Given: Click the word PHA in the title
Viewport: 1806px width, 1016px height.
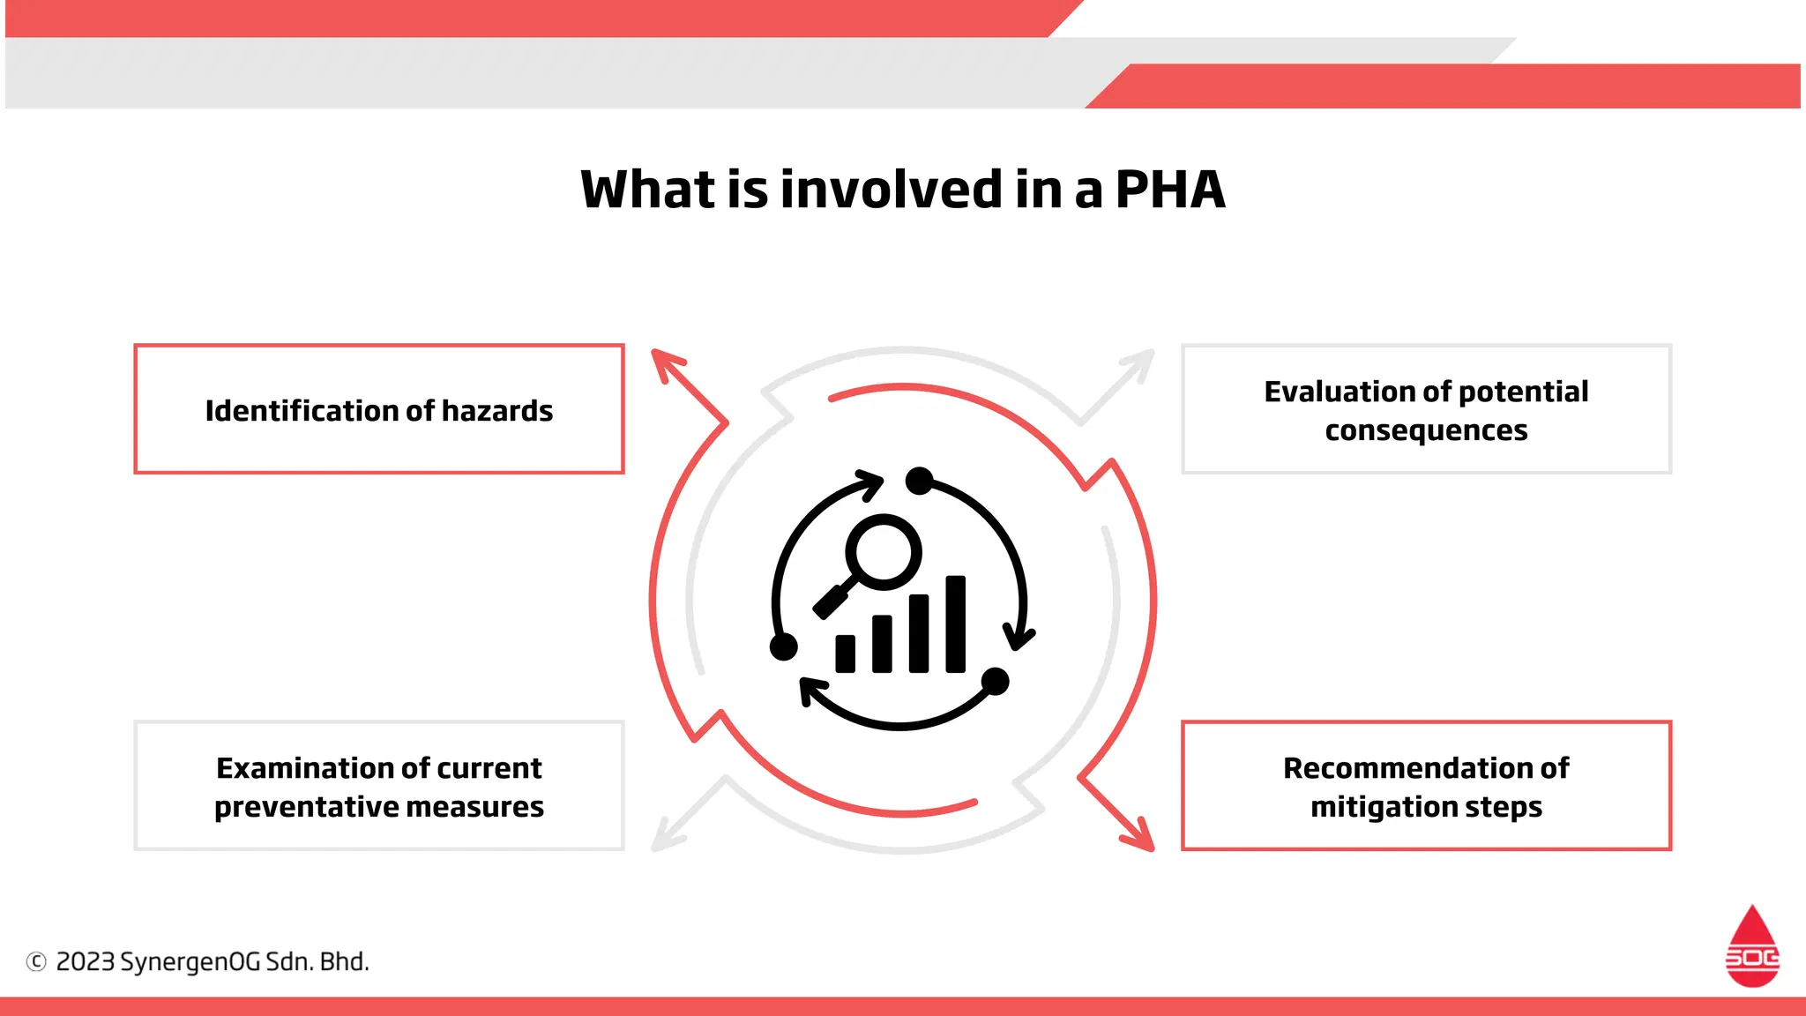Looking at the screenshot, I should [1169, 190].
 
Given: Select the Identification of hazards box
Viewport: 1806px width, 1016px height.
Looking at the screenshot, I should [379, 409].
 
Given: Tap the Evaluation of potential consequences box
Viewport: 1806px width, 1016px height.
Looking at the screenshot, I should [1426, 409].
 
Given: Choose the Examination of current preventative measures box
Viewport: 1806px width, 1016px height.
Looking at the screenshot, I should [379, 786].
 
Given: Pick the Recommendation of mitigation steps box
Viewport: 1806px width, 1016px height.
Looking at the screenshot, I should [1426, 786].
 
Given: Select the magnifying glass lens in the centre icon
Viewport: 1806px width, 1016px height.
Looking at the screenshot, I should [883, 552].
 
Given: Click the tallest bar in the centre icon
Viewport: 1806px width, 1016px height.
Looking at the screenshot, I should [955, 624].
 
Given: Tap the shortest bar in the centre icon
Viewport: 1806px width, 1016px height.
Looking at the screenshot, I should [845, 654].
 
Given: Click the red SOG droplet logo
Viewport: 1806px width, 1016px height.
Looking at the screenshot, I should [1752, 947].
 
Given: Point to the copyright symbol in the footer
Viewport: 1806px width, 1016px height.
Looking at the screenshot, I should [36, 961].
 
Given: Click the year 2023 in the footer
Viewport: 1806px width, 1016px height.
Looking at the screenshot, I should [86, 961].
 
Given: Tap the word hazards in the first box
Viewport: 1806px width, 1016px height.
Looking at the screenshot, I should [497, 411].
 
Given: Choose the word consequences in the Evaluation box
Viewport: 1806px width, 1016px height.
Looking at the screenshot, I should [1426, 430].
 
